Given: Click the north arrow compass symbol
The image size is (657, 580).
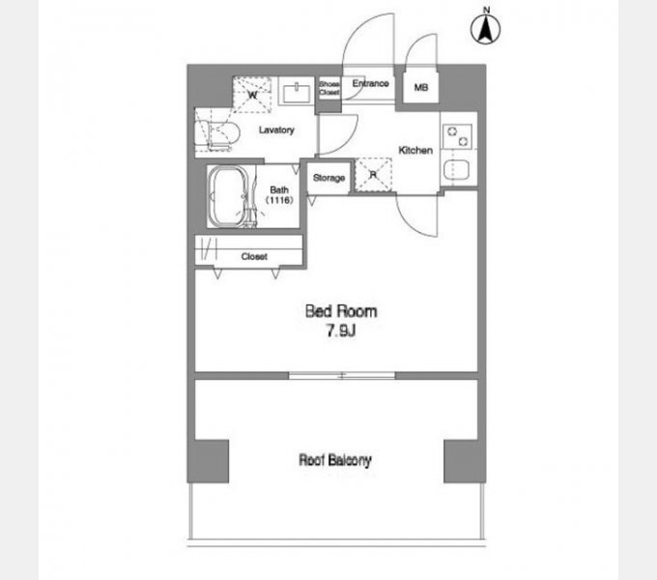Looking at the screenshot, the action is pyautogui.click(x=485, y=27).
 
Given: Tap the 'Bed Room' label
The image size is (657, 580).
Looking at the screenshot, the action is pyautogui.click(x=341, y=311).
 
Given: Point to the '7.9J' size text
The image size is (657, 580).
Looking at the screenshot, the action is pyautogui.click(x=341, y=331).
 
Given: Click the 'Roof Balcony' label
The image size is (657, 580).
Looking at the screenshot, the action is pyautogui.click(x=335, y=460).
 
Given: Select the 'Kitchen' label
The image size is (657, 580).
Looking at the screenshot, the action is pyautogui.click(x=415, y=150).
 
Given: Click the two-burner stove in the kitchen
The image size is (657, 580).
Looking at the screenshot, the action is pyautogui.click(x=457, y=136).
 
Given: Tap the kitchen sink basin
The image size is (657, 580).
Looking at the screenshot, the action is pyautogui.click(x=456, y=170).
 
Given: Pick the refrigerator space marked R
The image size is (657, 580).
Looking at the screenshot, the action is pyautogui.click(x=373, y=175).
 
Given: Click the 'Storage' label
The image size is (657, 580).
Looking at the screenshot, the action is pyautogui.click(x=328, y=178).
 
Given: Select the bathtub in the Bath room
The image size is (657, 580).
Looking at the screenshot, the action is pyautogui.click(x=229, y=197).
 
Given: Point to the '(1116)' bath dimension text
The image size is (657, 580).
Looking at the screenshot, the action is pyautogui.click(x=279, y=200).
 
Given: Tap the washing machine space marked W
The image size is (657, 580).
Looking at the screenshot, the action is pyautogui.click(x=252, y=95).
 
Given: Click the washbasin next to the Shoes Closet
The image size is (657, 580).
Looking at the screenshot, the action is pyautogui.click(x=297, y=93).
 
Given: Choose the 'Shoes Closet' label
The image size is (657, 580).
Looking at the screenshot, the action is pyautogui.click(x=329, y=88).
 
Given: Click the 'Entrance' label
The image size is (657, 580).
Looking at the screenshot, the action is pyautogui.click(x=370, y=83).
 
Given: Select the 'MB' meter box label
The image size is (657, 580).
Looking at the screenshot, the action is pyautogui.click(x=421, y=87).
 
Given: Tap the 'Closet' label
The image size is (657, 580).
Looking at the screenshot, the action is pyautogui.click(x=254, y=256).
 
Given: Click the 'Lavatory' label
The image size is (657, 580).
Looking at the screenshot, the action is pyautogui.click(x=276, y=130).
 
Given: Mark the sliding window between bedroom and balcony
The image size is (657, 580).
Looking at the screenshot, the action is pyautogui.click(x=342, y=375).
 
